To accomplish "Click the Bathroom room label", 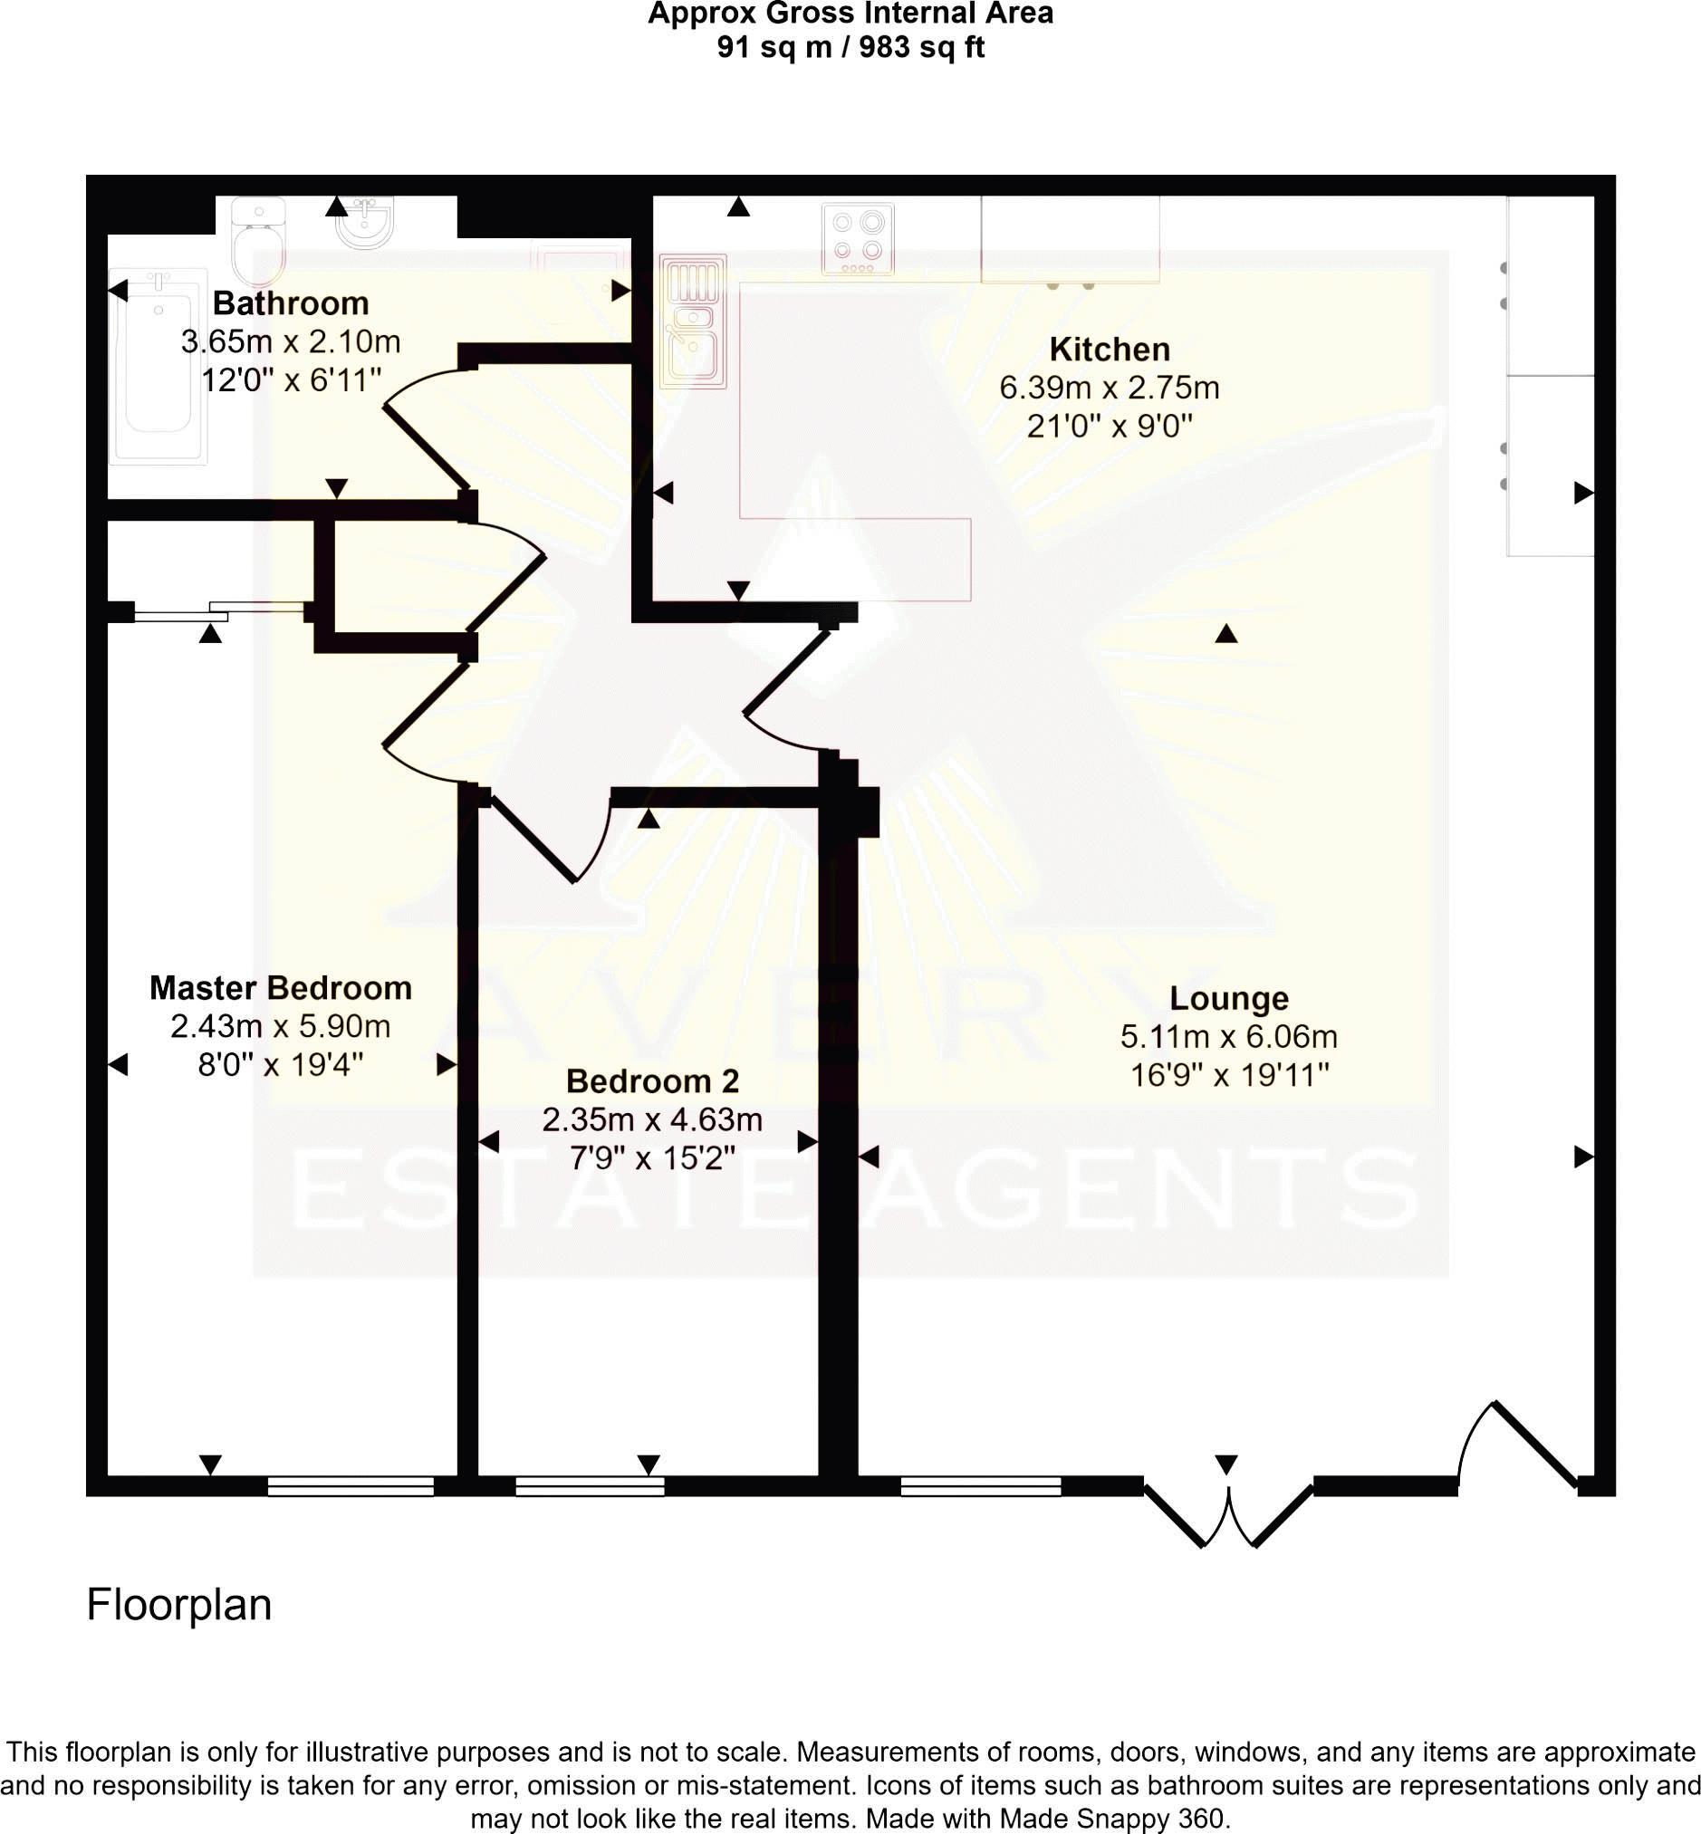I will point(291,302).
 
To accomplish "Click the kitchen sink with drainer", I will point(693,321).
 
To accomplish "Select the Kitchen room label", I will point(1110,350).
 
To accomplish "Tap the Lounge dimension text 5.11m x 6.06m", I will point(1228,1036).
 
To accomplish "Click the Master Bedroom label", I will point(281,987).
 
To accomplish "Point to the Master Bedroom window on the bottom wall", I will point(351,1485).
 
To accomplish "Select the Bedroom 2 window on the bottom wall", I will point(590,1485).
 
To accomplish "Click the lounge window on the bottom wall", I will point(980,1485).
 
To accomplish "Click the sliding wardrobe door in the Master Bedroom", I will point(219,611).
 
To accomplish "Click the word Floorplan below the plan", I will point(178,1604).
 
